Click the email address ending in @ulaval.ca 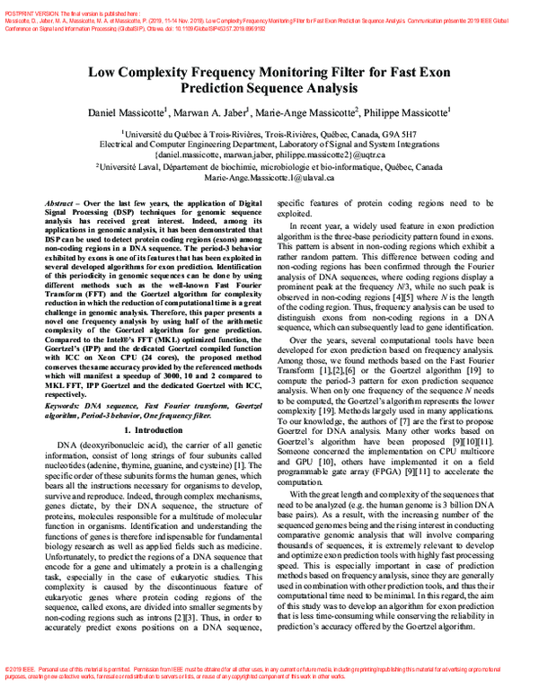269,178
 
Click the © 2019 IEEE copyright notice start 22,671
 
